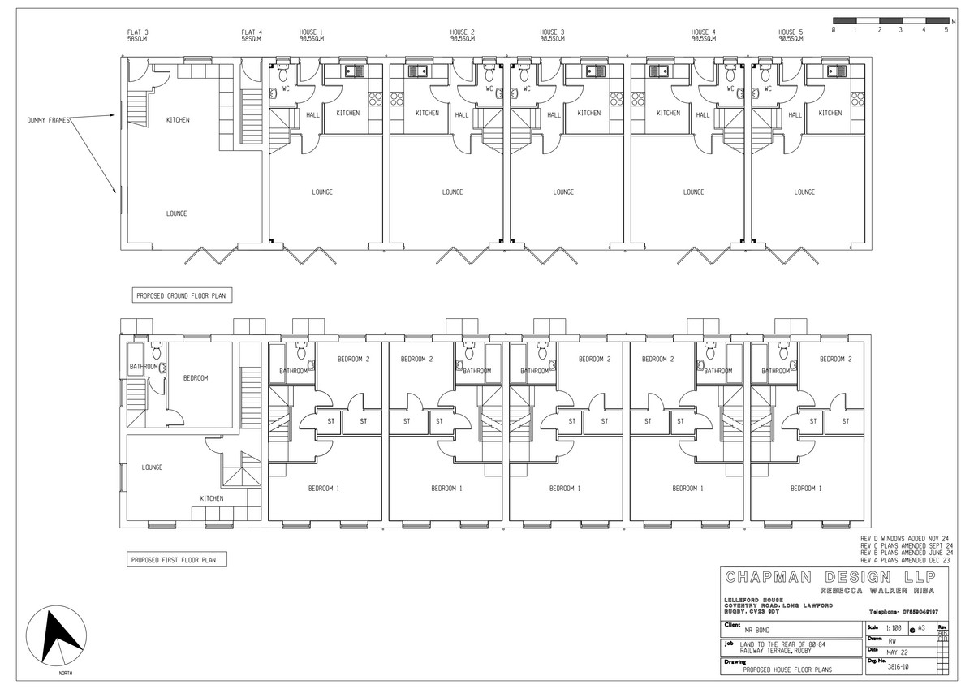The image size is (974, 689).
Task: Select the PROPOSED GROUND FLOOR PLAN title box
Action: click(x=182, y=297)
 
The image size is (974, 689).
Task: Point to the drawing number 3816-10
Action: click(x=896, y=666)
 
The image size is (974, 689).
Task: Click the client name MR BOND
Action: click(x=759, y=629)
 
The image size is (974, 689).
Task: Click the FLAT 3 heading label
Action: click(x=137, y=32)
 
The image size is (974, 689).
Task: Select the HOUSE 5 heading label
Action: click(x=791, y=32)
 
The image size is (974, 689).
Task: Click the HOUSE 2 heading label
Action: click(x=463, y=32)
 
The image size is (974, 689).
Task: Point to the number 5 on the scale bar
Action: click(x=946, y=29)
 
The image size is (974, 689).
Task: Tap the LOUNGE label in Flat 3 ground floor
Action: click(x=177, y=213)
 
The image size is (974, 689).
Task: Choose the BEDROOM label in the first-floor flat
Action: click(x=196, y=378)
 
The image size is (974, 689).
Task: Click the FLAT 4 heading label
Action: click(x=251, y=32)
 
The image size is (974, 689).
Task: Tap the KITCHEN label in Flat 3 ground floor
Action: click(x=178, y=120)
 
